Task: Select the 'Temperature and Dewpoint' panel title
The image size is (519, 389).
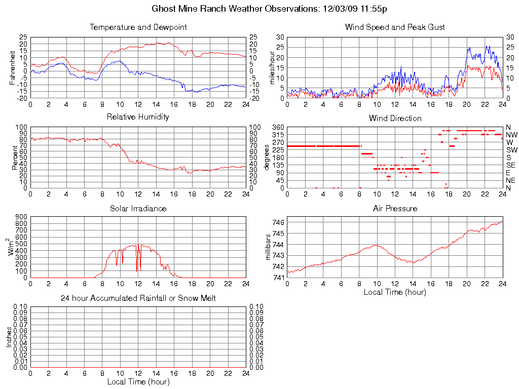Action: click(x=138, y=27)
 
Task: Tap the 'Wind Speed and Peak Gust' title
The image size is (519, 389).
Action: click(x=395, y=27)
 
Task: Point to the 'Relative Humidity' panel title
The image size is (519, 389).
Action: click(x=138, y=118)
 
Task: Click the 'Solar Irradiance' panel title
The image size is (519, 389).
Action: click(x=138, y=209)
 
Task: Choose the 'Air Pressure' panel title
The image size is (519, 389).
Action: click(x=395, y=209)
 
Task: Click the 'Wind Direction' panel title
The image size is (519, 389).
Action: click(x=395, y=119)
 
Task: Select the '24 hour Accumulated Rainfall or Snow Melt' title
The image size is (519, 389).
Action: click(x=138, y=299)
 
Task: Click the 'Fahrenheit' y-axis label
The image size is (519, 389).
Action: click(x=12, y=68)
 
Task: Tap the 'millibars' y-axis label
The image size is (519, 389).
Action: click(x=269, y=247)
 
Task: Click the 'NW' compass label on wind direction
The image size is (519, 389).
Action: click(x=511, y=135)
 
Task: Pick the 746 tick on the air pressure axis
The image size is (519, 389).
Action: click(x=278, y=222)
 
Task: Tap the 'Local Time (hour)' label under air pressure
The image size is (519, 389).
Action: click(x=395, y=292)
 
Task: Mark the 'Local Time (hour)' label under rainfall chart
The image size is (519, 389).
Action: click(x=138, y=382)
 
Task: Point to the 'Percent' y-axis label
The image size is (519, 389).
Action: click(x=15, y=158)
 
